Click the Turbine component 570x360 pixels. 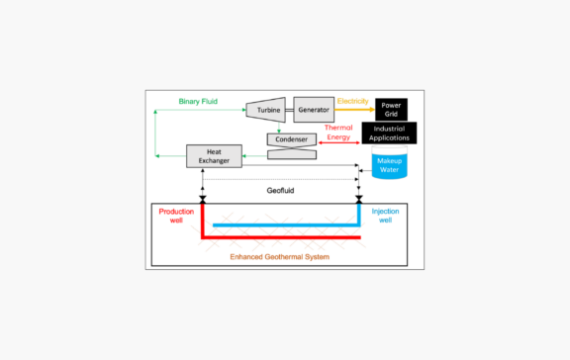(x=267, y=110)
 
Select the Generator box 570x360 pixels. (x=314, y=110)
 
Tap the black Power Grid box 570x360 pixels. (x=390, y=109)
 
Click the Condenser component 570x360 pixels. (x=292, y=140)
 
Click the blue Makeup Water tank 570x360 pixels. (x=388, y=165)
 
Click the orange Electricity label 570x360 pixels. (x=353, y=101)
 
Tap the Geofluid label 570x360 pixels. (x=281, y=188)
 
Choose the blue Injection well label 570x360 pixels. (x=385, y=217)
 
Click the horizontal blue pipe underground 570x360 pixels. (x=287, y=225)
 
